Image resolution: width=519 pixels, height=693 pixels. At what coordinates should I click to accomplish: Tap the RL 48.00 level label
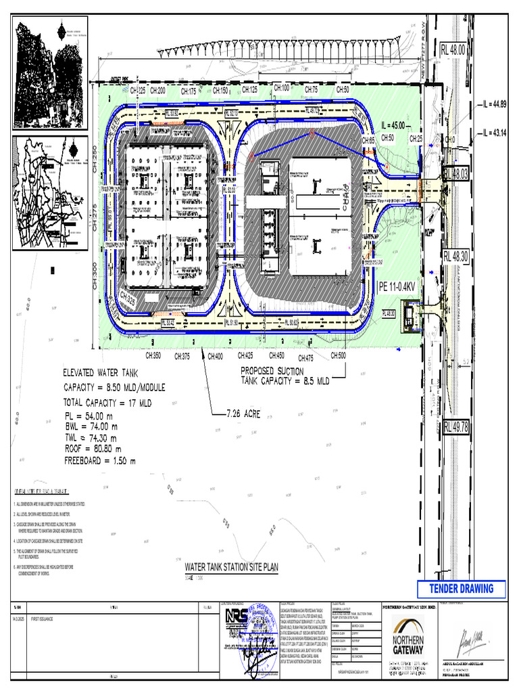[453, 49]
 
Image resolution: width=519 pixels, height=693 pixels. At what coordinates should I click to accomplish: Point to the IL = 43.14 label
[494, 133]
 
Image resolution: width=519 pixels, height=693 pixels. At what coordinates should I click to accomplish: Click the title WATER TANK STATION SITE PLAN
[232, 566]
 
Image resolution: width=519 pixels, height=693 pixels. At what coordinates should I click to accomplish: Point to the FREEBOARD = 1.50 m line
[99, 462]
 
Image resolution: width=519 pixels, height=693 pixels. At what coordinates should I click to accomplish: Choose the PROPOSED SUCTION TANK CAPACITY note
[285, 376]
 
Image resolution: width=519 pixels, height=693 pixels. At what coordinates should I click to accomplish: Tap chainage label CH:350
[153, 356]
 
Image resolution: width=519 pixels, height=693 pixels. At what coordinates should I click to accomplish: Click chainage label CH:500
[338, 356]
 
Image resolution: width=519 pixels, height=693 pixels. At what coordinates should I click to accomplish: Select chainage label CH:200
[158, 90]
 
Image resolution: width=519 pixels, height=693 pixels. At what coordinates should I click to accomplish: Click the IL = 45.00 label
[393, 125]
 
